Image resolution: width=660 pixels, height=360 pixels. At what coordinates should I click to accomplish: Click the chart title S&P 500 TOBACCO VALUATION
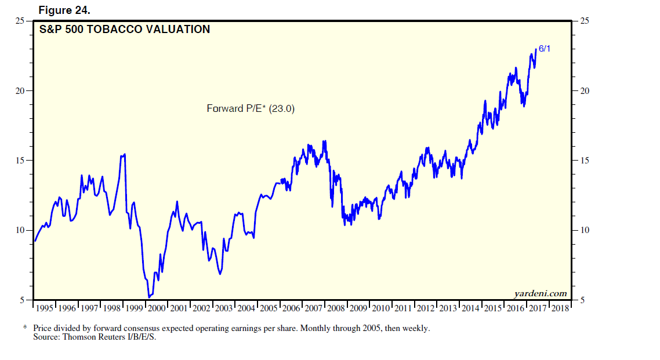[x=124, y=30]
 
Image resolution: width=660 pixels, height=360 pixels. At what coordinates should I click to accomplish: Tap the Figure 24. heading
[x=64, y=10]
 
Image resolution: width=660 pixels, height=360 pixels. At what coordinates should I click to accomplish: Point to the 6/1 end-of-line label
[x=544, y=49]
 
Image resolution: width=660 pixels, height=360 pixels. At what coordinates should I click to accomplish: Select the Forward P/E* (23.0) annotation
[x=251, y=108]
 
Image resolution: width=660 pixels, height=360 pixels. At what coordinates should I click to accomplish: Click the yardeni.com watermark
[x=540, y=294]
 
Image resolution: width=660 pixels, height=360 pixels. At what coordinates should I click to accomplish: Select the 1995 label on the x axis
[x=45, y=308]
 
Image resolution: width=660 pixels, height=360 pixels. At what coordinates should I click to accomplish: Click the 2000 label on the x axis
[x=157, y=308]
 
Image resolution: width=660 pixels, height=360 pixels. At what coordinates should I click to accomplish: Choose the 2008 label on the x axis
[x=336, y=308]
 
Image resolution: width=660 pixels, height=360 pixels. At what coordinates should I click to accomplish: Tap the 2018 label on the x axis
[x=561, y=308]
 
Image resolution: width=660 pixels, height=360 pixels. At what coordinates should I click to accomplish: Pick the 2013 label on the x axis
[x=448, y=308]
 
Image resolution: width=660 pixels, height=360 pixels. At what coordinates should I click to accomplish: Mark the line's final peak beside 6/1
[x=536, y=49]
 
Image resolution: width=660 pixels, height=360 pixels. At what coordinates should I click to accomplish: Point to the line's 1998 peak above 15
[x=125, y=154]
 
